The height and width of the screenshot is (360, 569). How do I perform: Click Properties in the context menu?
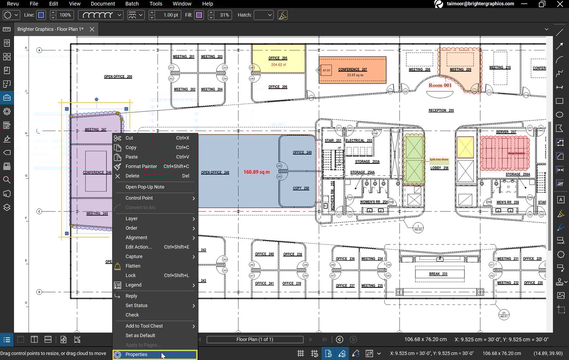[136, 354]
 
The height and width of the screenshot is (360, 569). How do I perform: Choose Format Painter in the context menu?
[141, 166]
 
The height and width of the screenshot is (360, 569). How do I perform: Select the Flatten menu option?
[132, 266]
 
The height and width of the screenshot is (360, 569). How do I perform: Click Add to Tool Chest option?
[144, 326]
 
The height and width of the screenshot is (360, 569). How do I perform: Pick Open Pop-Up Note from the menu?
[144, 187]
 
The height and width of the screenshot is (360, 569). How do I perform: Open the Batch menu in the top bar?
[132, 4]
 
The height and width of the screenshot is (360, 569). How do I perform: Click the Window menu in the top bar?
[182, 4]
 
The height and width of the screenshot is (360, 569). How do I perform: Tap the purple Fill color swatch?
[199, 15]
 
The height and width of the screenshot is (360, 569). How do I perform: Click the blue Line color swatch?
[41, 15]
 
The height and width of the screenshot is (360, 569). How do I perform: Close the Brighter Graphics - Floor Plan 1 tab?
[92, 29]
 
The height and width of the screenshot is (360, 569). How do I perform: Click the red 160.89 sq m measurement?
[256, 172]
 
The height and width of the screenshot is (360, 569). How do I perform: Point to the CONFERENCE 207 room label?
[352, 69]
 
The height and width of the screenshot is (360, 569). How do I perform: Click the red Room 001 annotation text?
[440, 85]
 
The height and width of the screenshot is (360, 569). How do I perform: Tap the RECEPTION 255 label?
[441, 110]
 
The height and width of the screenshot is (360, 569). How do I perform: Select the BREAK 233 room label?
[438, 274]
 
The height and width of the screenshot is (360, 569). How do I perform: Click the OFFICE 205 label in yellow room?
[278, 58]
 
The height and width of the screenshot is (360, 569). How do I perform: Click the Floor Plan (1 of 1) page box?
[255, 340]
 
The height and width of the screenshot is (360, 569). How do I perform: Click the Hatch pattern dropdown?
[263, 15]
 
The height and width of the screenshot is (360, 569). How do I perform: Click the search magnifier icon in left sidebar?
[7, 180]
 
